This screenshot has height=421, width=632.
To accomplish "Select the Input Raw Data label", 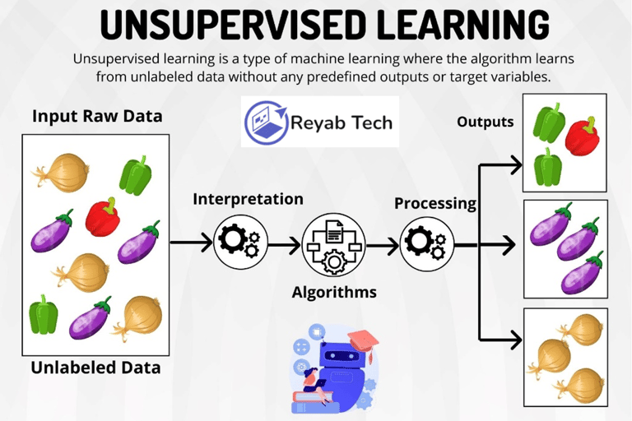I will click(97, 116).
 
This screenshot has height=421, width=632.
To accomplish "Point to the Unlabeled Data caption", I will click(95, 368).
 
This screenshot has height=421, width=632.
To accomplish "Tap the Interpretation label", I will click(248, 199).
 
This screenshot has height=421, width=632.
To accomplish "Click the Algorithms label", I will click(334, 292).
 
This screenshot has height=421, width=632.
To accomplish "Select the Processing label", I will click(435, 203).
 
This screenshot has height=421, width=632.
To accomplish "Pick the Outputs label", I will click(486, 123).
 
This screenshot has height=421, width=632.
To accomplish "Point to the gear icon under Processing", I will click(424, 243).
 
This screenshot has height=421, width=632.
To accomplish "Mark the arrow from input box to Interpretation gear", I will click(191, 243).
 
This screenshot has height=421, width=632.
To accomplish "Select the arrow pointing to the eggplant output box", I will click(499, 244).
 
